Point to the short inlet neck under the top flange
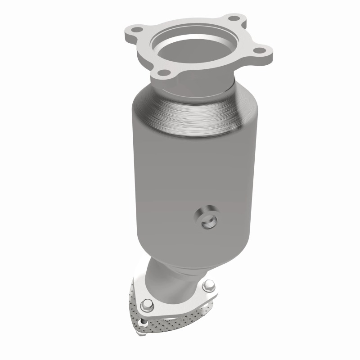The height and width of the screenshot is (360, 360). click(x=198, y=83)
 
